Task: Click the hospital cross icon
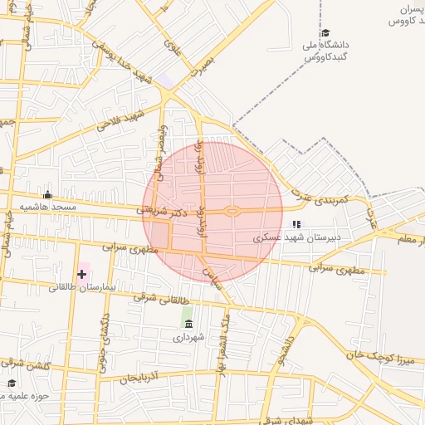click(81, 273)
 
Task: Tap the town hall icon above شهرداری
click(188, 324)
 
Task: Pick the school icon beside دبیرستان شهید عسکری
click(296, 225)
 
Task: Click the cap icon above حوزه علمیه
click(12, 383)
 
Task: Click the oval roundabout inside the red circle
click(233, 211)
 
